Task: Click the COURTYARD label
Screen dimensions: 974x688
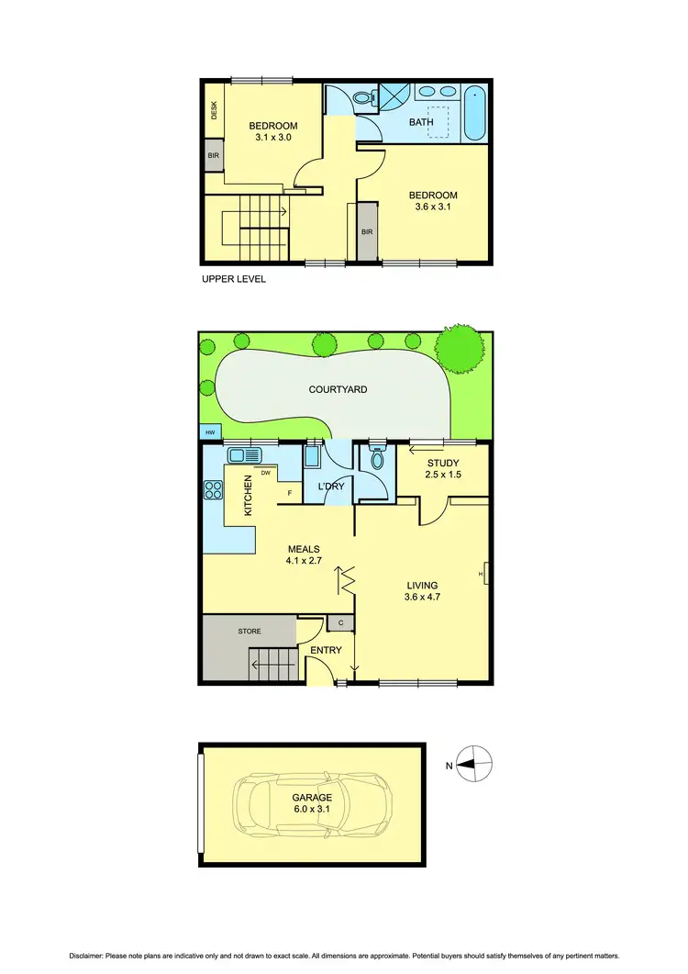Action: tap(338, 389)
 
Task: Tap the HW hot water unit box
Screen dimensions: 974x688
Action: tap(210, 431)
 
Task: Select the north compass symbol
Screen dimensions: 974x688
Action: tap(474, 763)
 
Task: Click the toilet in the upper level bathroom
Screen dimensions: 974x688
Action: tap(362, 97)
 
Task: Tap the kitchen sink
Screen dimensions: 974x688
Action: tap(245, 454)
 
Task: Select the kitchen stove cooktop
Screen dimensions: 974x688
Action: tap(213, 489)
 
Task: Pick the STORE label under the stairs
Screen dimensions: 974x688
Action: tap(250, 632)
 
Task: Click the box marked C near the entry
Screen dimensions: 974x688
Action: tap(340, 623)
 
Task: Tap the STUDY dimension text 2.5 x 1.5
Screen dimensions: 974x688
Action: tap(443, 476)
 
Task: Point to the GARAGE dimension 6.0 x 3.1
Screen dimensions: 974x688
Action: tap(312, 810)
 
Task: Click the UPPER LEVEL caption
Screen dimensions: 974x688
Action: tap(233, 279)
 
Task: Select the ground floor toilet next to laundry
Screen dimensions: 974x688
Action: tap(374, 460)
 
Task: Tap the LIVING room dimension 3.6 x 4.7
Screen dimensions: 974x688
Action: tap(423, 599)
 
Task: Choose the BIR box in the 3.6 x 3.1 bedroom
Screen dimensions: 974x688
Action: tap(366, 231)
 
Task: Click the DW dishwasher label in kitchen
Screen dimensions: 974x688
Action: tap(265, 474)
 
